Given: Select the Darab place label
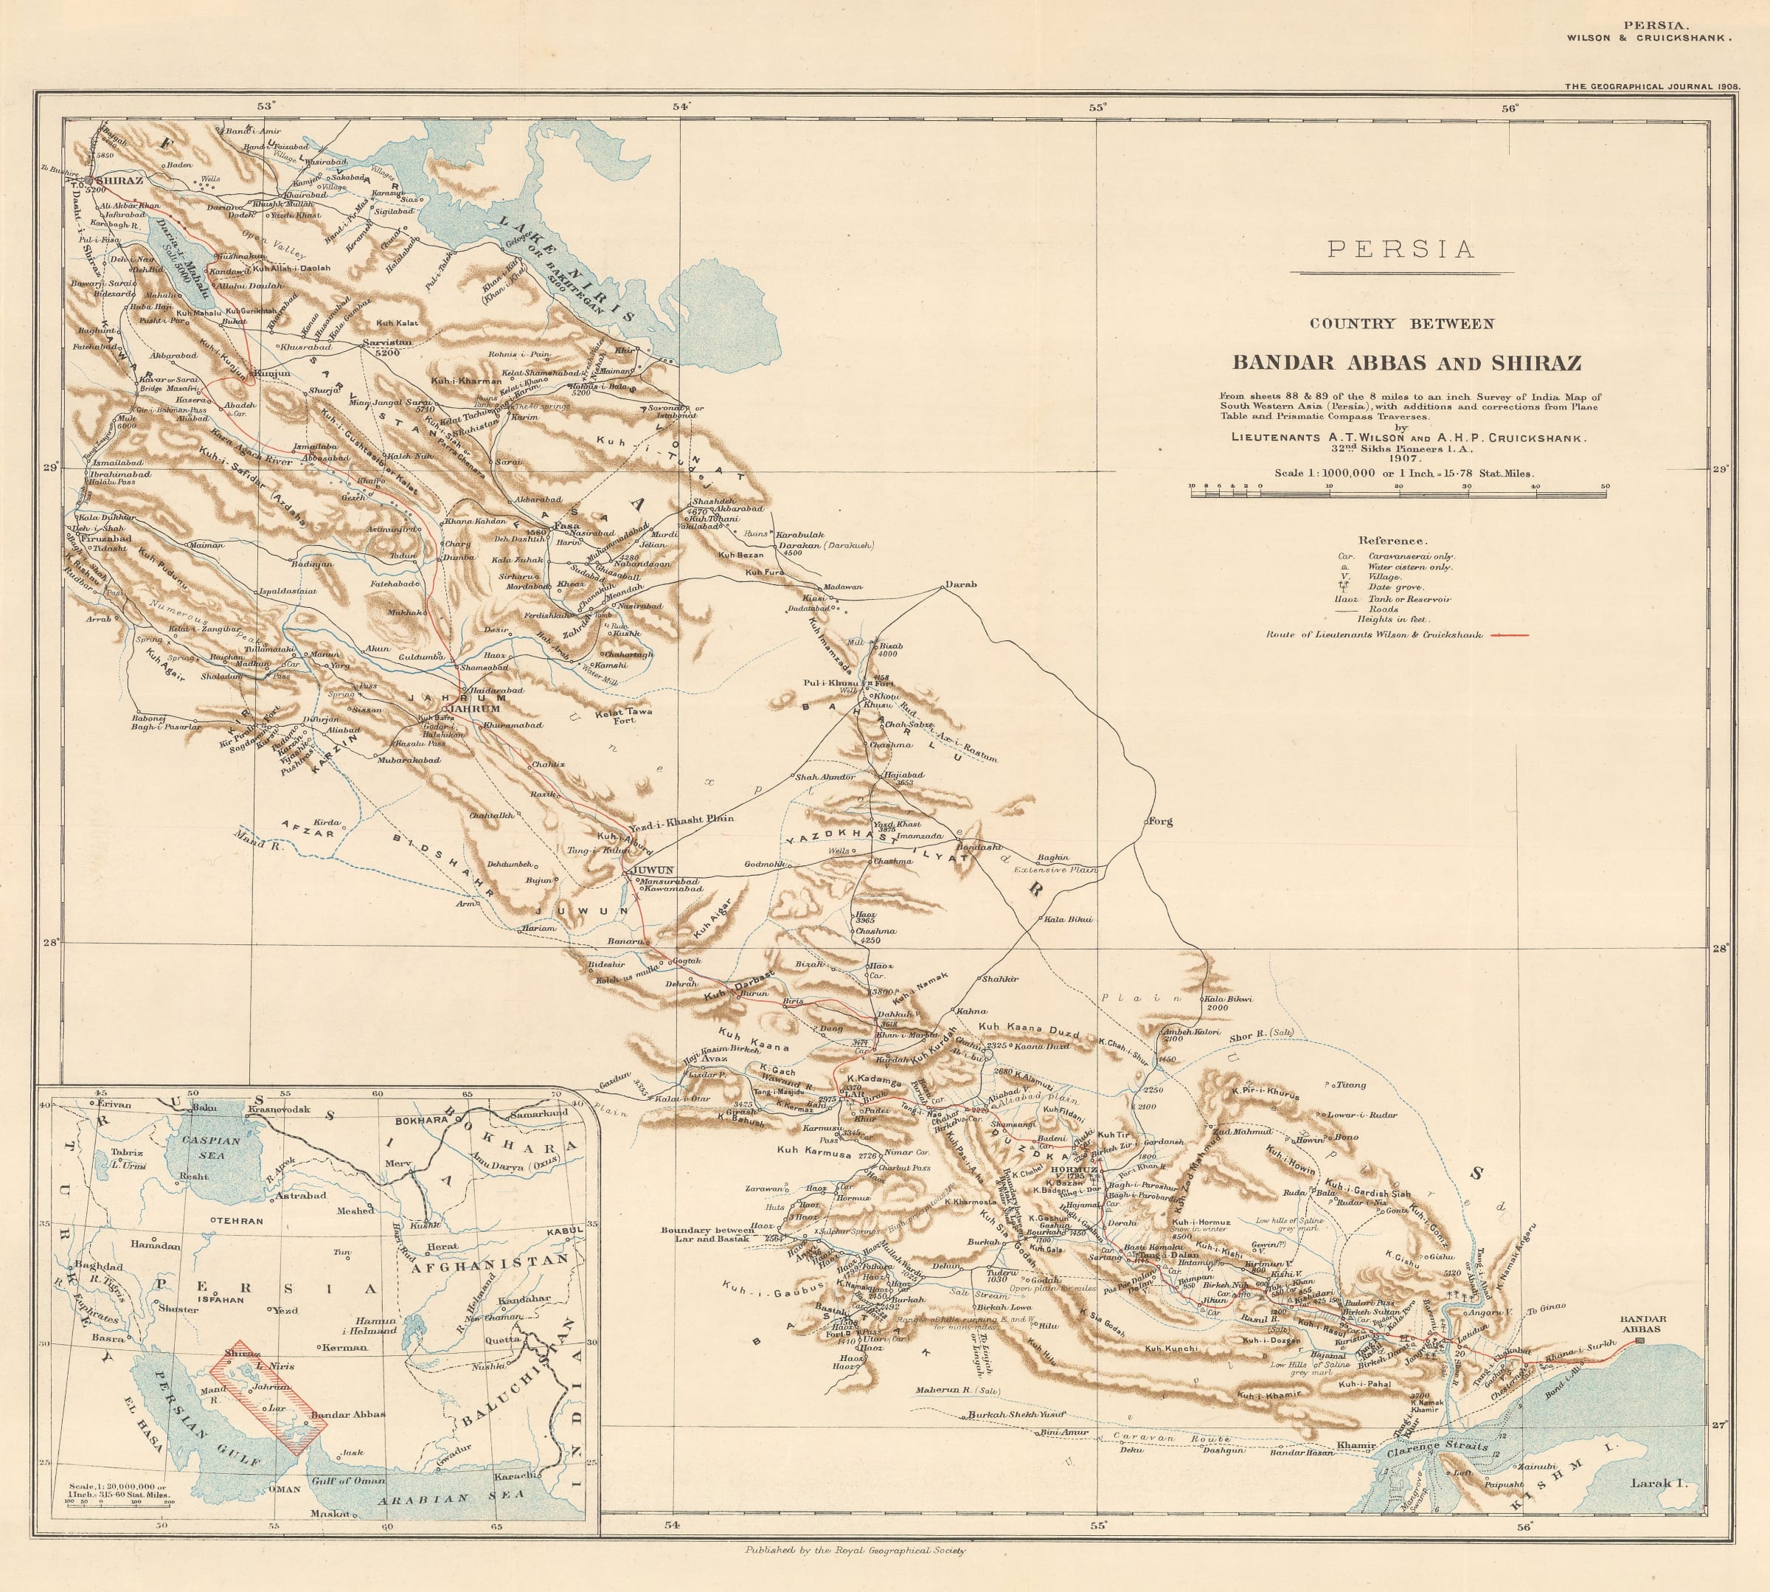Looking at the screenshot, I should [x=960, y=584].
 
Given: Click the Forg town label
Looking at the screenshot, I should [x=1159, y=821].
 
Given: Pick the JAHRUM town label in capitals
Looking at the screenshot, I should [x=475, y=708].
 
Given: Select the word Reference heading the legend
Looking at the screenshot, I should [x=1392, y=541].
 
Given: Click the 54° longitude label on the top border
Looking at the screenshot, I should [x=681, y=107].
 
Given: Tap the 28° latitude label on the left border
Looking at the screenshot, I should [x=51, y=942].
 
